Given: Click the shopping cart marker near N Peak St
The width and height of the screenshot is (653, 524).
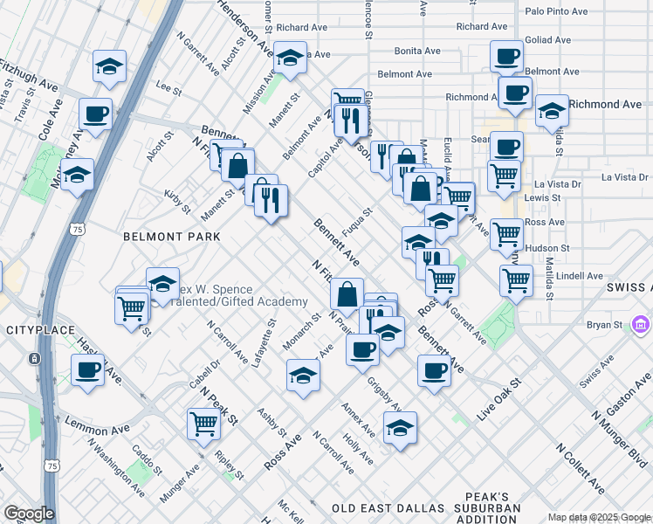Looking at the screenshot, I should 204,424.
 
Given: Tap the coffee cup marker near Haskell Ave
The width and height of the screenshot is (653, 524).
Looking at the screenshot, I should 88,370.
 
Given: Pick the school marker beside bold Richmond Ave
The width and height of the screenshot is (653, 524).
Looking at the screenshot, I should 552,111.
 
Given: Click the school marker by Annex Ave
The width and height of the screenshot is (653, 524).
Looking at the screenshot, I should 400,428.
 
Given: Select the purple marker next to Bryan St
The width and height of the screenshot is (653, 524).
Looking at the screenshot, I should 642,325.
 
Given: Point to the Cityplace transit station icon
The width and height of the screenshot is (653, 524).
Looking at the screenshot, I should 33,358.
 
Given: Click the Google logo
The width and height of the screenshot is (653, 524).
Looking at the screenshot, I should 29,514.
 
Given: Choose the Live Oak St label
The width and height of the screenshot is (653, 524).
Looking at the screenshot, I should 498,401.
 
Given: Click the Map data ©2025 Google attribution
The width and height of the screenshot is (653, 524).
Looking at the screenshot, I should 599,517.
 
